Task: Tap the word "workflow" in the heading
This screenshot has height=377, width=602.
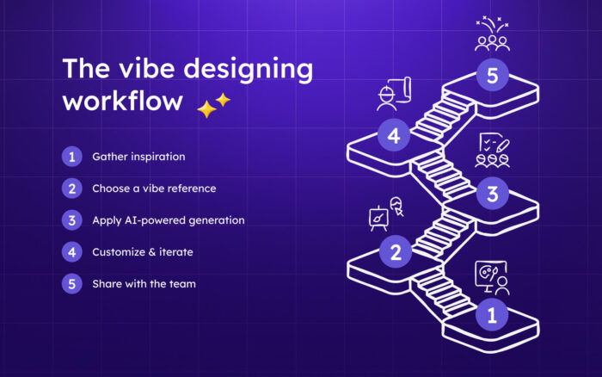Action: click(x=122, y=100)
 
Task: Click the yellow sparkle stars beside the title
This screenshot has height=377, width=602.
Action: click(x=213, y=106)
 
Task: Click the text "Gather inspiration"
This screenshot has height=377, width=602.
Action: click(x=138, y=157)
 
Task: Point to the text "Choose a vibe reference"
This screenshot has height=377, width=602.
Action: click(x=154, y=188)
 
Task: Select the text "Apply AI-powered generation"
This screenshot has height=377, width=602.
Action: click(x=169, y=220)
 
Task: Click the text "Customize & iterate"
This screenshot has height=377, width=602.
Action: click(x=144, y=252)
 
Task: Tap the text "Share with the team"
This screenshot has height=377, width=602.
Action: click(x=144, y=283)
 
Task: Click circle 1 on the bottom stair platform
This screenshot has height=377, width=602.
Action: click(x=492, y=315)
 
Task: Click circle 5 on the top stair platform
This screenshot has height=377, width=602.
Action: click(x=492, y=76)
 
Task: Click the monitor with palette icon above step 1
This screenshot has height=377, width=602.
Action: click(x=491, y=278)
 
